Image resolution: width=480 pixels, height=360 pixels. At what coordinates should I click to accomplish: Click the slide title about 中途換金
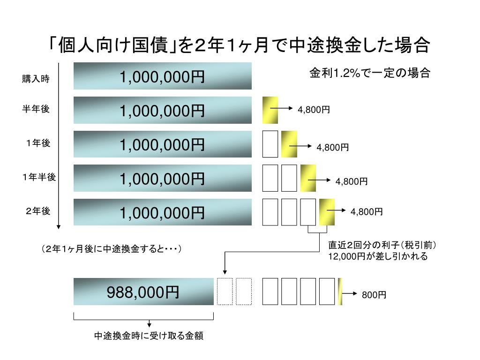240,46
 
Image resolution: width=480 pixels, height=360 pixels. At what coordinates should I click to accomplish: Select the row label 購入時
36,79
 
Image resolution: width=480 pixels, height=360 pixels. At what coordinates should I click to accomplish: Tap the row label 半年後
36,110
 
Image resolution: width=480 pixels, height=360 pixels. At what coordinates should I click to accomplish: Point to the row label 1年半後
39,178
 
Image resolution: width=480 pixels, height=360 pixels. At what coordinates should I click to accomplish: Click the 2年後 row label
38,211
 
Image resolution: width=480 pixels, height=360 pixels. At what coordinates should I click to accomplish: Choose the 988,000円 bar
144,292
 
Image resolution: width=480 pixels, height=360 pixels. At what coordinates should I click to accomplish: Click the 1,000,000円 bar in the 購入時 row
162,76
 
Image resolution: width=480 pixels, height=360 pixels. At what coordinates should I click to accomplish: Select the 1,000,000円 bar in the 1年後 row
162,144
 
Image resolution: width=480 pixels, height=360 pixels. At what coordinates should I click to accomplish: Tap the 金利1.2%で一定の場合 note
369,73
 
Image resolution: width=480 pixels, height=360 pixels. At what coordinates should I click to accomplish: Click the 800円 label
373,295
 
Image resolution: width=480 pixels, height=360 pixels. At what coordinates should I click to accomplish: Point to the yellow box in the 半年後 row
270,110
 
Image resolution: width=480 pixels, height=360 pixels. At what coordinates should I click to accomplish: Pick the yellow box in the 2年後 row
327,212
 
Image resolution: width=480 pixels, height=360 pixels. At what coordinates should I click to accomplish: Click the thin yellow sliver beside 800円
340,292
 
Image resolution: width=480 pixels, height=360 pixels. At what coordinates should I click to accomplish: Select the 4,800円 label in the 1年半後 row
351,182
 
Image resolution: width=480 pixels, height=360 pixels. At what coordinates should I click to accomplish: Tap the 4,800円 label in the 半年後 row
314,110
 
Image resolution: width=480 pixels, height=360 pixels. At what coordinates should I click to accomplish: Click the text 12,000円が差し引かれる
377,256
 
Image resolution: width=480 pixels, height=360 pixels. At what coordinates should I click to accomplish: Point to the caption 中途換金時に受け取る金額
149,336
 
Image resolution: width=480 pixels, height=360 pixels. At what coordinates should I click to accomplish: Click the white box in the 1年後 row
270,144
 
